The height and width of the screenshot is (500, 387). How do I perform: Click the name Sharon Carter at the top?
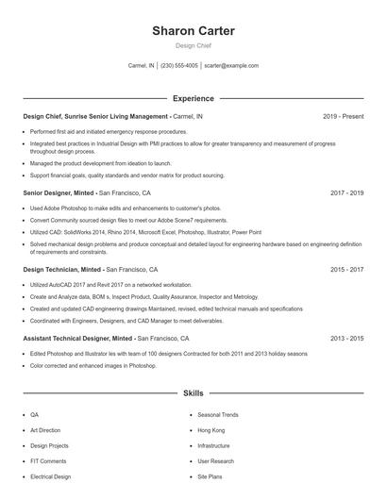tap(193, 31)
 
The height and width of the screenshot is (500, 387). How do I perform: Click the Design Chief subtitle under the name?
tap(193, 45)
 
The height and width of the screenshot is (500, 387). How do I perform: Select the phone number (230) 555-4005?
tap(179, 66)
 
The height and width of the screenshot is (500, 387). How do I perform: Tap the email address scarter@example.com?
tap(231, 66)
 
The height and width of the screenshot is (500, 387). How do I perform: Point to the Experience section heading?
tap(193, 98)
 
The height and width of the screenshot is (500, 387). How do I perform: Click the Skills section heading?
tap(193, 392)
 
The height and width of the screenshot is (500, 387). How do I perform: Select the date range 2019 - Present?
tap(343, 116)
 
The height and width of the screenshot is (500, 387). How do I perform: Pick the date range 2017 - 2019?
tap(347, 192)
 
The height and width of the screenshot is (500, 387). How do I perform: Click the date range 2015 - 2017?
tap(347, 269)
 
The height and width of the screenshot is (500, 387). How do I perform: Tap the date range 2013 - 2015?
tap(347, 338)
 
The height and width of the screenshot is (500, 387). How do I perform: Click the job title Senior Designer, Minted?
tap(59, 192)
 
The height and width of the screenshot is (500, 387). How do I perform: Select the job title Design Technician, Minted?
tap(63, 269)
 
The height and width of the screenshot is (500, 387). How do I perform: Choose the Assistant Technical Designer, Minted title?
tap(77, 338)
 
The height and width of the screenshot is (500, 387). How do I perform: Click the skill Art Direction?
tap(46, 430)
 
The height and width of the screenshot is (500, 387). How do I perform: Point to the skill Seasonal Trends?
tap(218, 415)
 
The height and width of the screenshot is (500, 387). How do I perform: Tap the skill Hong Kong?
tap(211, 430)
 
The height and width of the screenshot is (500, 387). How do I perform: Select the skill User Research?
tap(216, 461)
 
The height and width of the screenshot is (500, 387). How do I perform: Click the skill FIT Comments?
tap(48, 461)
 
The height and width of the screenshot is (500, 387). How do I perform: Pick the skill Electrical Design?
tap(51, 476)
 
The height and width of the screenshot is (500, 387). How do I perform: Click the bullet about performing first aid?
tap(109, 132)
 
